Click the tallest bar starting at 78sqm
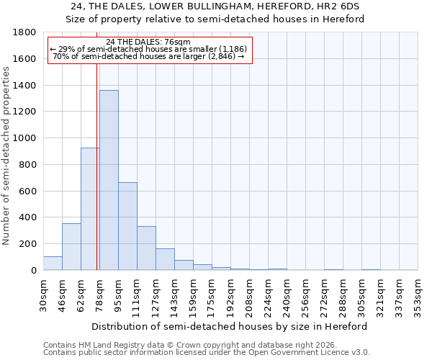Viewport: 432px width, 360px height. pyautogui.click(x=109, y=180)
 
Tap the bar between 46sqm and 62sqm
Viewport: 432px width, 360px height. pyautogui.click(x=71, y=247)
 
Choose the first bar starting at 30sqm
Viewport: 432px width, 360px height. pyautogui.click(x=53, y=264)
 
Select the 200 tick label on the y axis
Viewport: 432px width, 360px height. pyautogui.click(x=29, y=244)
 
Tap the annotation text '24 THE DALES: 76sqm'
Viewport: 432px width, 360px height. pyautogui.click(x=148, y=42)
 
